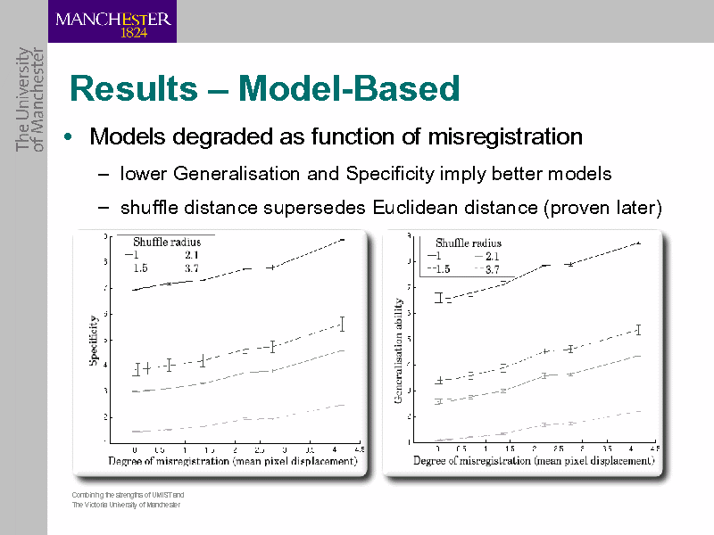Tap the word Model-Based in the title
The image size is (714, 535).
coord(350,89)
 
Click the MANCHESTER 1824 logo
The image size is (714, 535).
coord(112,21)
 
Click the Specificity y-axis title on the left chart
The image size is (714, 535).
coord(92,340)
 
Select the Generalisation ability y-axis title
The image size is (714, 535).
coord(398,350)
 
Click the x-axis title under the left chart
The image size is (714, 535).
coord(233,462)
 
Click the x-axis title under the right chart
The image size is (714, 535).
coord(534,462)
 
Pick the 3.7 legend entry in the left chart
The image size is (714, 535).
coord(191,267)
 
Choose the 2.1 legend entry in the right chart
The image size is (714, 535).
coord(492,256)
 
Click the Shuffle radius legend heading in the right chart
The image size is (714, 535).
coord(469,243)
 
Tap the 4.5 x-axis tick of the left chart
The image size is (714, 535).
coord(359,449)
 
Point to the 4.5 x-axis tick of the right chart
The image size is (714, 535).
coord(655,449)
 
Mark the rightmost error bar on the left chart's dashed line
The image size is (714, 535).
coord(342,325)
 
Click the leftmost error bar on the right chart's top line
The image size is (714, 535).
coord(439,298)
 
